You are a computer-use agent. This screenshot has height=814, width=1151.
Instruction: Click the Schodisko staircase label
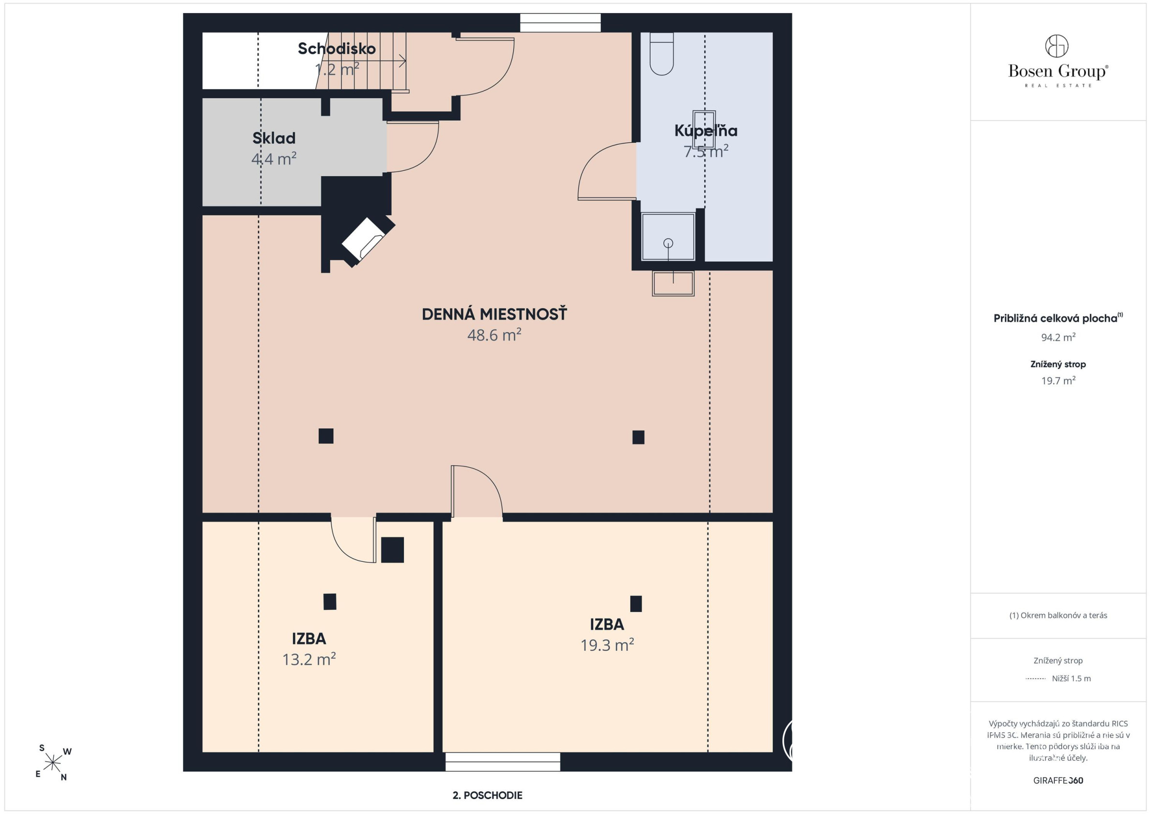pyautogui.click(x=336, y=49)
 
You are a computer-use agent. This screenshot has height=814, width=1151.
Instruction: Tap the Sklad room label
pyautogui.click(x=274, y=138)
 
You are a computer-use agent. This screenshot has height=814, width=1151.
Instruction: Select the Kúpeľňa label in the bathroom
pyautogui.click(x=706, y=131)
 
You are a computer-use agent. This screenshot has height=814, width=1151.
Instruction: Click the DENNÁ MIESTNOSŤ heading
pyautogui.click(x=494, y=314)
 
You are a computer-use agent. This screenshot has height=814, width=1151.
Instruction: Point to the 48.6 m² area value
pyautogui.click(x=494, y=334)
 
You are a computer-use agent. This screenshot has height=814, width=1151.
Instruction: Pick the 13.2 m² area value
pyautogui.click(x=309, y=659)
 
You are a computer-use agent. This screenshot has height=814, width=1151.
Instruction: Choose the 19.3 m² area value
pyautogui.click(x=607, y=645)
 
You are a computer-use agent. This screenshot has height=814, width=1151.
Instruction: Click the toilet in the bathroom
pyautogui.click(x=662, y=54)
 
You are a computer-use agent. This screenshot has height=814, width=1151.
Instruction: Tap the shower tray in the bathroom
pyautogui.click(x=668, y=237)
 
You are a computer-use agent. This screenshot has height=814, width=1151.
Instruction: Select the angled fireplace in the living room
pyautogui.click(x=369, y=242)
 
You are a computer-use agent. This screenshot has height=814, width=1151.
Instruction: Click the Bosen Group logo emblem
pyautogui.click(x=1057, y=46)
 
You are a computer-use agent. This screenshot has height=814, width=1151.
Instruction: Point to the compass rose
pyautogui.click(x=53, y=763)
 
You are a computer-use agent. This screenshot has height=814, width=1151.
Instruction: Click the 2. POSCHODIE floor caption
pyautogui.click(x=487, y=795)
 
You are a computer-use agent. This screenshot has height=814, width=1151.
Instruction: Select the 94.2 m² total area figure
pyautogui.click(x=1058, y=337)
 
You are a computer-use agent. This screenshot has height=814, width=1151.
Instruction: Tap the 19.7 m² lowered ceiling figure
pyautogui.click(x=1058, y=380)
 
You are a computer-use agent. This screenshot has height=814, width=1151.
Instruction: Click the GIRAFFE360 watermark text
pyautogui.click(x=1058, y=781)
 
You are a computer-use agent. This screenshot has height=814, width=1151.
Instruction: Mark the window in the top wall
pyautogui.click(x=560, y=23)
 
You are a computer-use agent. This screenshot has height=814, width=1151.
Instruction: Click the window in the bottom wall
pyautogui.click(x=503, y=762)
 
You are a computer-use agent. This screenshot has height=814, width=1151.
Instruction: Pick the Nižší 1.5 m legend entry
pyautogui.click(x=1071, y=678)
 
